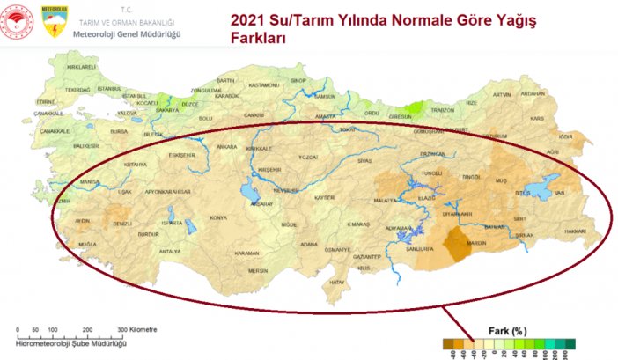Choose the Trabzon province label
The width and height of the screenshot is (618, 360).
click(442, 110)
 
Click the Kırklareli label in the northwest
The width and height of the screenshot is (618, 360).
click(80, 67)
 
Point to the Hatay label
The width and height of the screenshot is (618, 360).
click(335, 282)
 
